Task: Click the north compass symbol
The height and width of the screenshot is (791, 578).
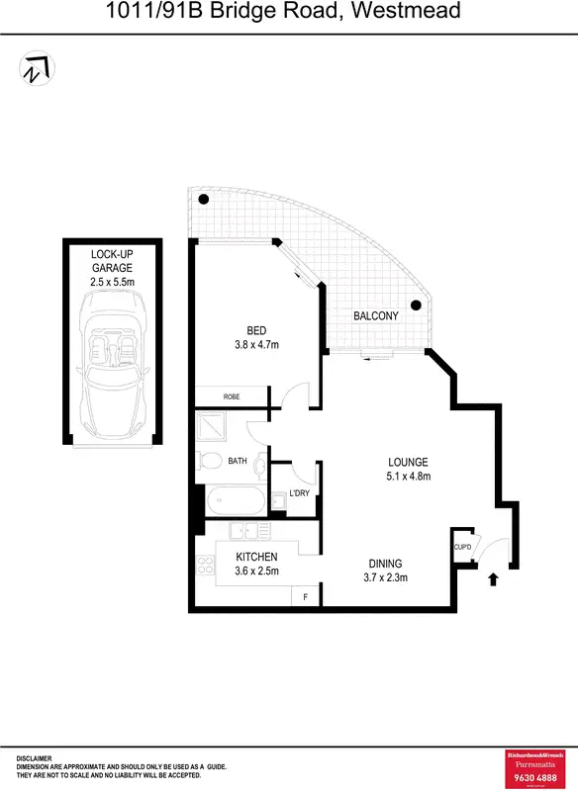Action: click(x=37, y=68)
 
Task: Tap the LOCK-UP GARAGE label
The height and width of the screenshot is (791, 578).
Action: click(x=111, y=260)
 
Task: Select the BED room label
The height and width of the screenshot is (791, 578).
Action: click(x=256, y=331)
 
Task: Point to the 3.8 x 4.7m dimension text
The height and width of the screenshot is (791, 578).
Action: click(x=256, y=345)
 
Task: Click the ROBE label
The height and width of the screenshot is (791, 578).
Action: click(x=232, y=396)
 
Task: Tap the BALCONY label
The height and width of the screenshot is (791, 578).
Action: click(x=376, y=316)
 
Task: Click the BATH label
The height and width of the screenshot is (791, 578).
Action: click(x=238, y=461)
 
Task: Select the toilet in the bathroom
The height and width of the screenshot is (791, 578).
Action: click(x=208, y=461)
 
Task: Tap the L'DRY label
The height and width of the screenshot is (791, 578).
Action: click(x=300, y=492)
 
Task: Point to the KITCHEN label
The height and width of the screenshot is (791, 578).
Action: click(x=255, y=558)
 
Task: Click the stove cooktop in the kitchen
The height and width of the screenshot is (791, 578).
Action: click(x=207, y=566)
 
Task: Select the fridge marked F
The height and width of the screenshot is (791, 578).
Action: click(x=305, y=596)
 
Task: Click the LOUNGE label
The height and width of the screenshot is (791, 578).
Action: click(x=408, y=462)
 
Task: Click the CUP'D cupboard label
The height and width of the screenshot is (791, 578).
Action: click(x=462, y=546)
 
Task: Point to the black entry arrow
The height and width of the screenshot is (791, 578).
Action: click(x=492, y=578)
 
